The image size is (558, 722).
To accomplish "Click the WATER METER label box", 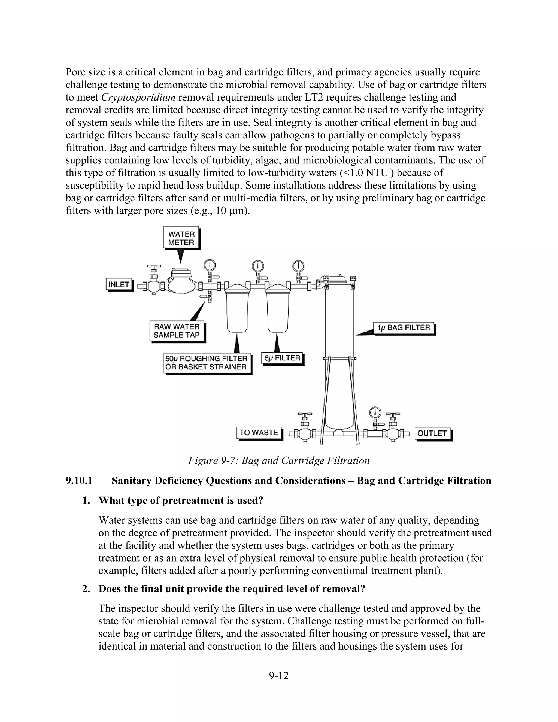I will [181, 238].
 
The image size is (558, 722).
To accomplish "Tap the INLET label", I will [119, 284].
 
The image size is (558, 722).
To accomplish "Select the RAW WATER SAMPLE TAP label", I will [177, 331].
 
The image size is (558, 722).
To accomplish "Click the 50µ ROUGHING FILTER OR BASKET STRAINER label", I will [207, 363].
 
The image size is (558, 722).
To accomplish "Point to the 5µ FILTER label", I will [282, 358].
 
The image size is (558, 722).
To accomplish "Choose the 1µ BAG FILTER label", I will [404, 328].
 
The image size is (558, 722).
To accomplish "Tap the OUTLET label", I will [432, 433].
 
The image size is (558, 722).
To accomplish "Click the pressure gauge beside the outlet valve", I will [375, 413].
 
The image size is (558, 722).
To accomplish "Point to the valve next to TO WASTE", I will [304, 430].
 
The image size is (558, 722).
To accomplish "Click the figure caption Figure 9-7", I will [279, 460].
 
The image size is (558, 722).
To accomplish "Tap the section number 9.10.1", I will [79, 480].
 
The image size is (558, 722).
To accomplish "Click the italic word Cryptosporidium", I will [138, 98].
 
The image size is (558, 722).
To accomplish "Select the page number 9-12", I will [279, 676].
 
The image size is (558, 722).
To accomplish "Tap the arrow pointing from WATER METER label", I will [180, 256].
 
